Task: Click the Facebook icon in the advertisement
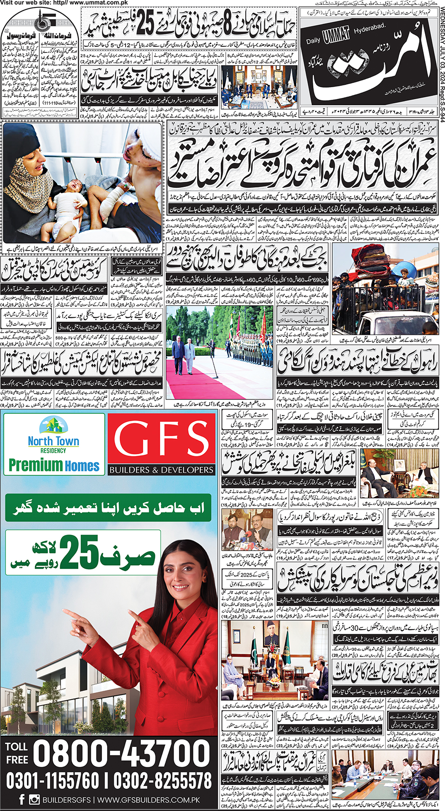(x=22, y=799)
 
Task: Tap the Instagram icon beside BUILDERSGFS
(x=34, y=799)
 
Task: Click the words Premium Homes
(x=54, y=465)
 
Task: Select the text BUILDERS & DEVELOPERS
(x=161, y=470)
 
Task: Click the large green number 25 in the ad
(x=79, y=552)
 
